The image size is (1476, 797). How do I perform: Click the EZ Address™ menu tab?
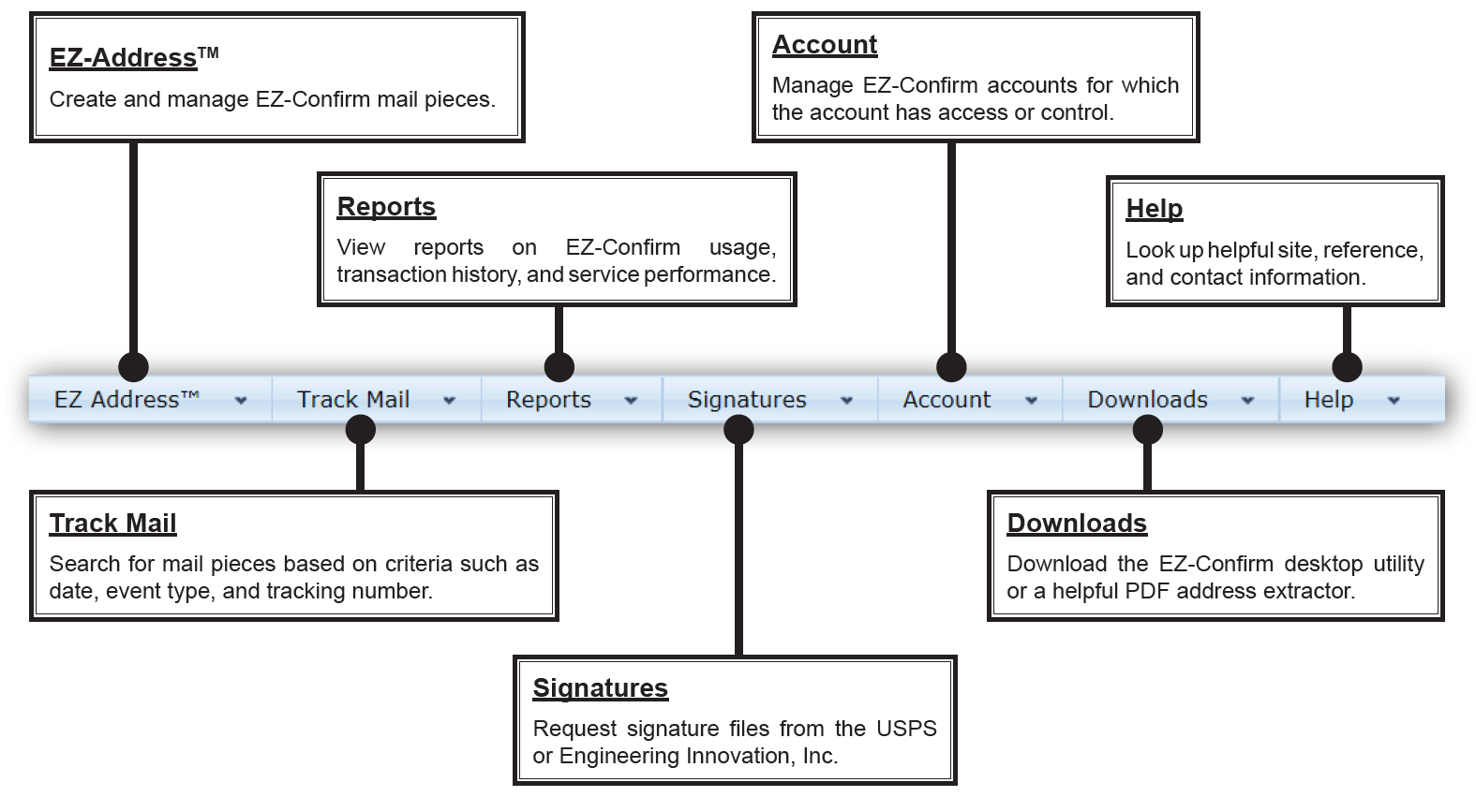150,399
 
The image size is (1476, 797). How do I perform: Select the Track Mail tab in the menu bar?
376,399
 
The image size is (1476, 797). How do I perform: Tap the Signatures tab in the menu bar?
769,399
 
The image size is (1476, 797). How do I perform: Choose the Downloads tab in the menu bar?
1170,399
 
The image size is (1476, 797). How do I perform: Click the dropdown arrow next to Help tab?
1393,401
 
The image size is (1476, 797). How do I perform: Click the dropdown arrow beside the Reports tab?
631,401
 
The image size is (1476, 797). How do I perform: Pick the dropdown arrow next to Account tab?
1031,401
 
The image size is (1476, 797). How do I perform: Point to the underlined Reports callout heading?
386,207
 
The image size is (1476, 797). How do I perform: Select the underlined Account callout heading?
825,45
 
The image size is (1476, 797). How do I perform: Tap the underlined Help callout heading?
1154,209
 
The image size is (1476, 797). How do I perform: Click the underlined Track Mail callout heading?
112,524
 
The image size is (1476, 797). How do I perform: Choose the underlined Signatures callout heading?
601,688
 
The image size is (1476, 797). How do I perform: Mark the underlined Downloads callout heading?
1077,524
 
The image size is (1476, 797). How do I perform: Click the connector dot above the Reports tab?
559,367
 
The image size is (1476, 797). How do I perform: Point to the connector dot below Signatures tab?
738,430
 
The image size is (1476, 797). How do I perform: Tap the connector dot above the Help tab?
1347,367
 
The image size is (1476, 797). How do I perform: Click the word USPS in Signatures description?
906,729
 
